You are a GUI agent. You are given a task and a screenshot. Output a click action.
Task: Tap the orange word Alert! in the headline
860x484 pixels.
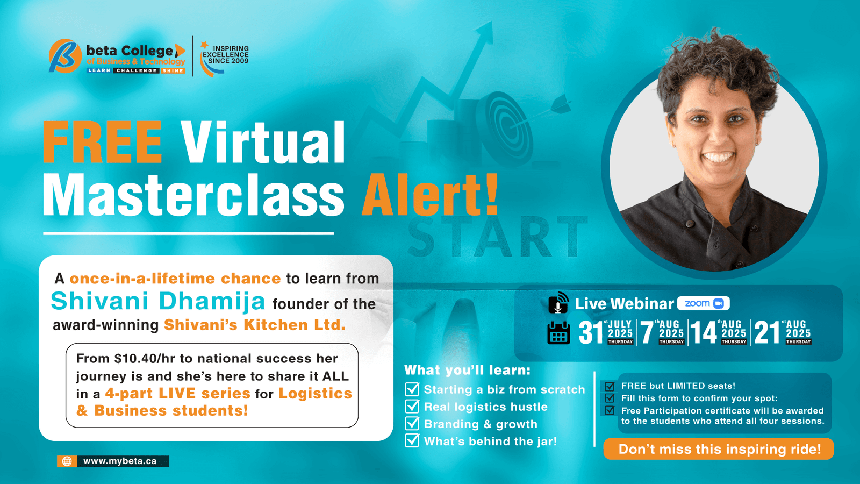430,194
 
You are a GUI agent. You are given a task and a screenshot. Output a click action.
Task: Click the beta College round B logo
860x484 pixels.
65,56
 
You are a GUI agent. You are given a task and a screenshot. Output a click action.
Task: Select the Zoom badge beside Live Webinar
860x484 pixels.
704,303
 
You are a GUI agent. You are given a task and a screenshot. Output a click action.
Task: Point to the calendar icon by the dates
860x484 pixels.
558,333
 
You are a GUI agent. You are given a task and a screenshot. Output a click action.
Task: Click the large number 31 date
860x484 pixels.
591,333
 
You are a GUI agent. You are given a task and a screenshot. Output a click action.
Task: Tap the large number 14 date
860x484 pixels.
704,333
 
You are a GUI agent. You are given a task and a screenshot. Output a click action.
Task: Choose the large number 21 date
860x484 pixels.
767,333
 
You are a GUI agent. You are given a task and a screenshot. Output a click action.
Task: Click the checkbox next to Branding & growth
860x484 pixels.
412,423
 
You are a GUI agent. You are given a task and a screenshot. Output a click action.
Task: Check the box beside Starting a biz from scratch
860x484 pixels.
412,389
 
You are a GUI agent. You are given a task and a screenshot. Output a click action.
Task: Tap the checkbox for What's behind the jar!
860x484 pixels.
412,440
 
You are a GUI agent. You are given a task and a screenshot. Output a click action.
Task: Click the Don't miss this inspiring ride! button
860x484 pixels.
719,449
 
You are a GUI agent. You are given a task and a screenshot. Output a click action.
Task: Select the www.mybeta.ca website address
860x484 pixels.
120,461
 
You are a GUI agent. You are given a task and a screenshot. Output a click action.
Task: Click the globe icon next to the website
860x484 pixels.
67,461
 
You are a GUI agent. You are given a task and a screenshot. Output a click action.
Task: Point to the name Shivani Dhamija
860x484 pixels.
158,301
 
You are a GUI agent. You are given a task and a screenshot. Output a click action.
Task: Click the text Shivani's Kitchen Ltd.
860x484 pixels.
255,325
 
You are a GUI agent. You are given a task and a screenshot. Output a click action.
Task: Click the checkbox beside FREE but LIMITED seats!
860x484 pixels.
610,386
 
